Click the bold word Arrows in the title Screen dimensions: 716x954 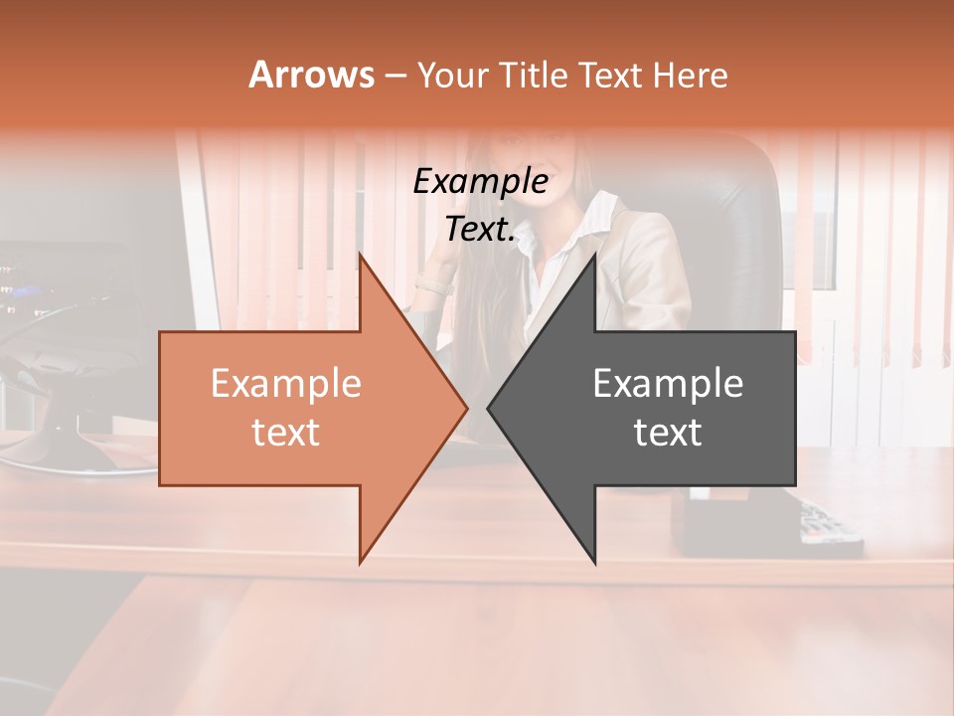(x=311, y=75)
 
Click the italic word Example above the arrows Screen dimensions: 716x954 (x=480, y=182)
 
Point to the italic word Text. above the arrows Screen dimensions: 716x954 (x=480, y=230)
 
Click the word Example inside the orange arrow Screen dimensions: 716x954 (x=285, y=383)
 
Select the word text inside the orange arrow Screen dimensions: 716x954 (x=285, y=432)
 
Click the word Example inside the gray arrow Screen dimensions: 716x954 (x=668, y=383)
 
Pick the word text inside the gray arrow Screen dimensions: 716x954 (x=668, y=432)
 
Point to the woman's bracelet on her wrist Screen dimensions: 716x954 (x=433, y=286)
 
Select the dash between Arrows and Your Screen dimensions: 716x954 (x=395, y=76)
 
